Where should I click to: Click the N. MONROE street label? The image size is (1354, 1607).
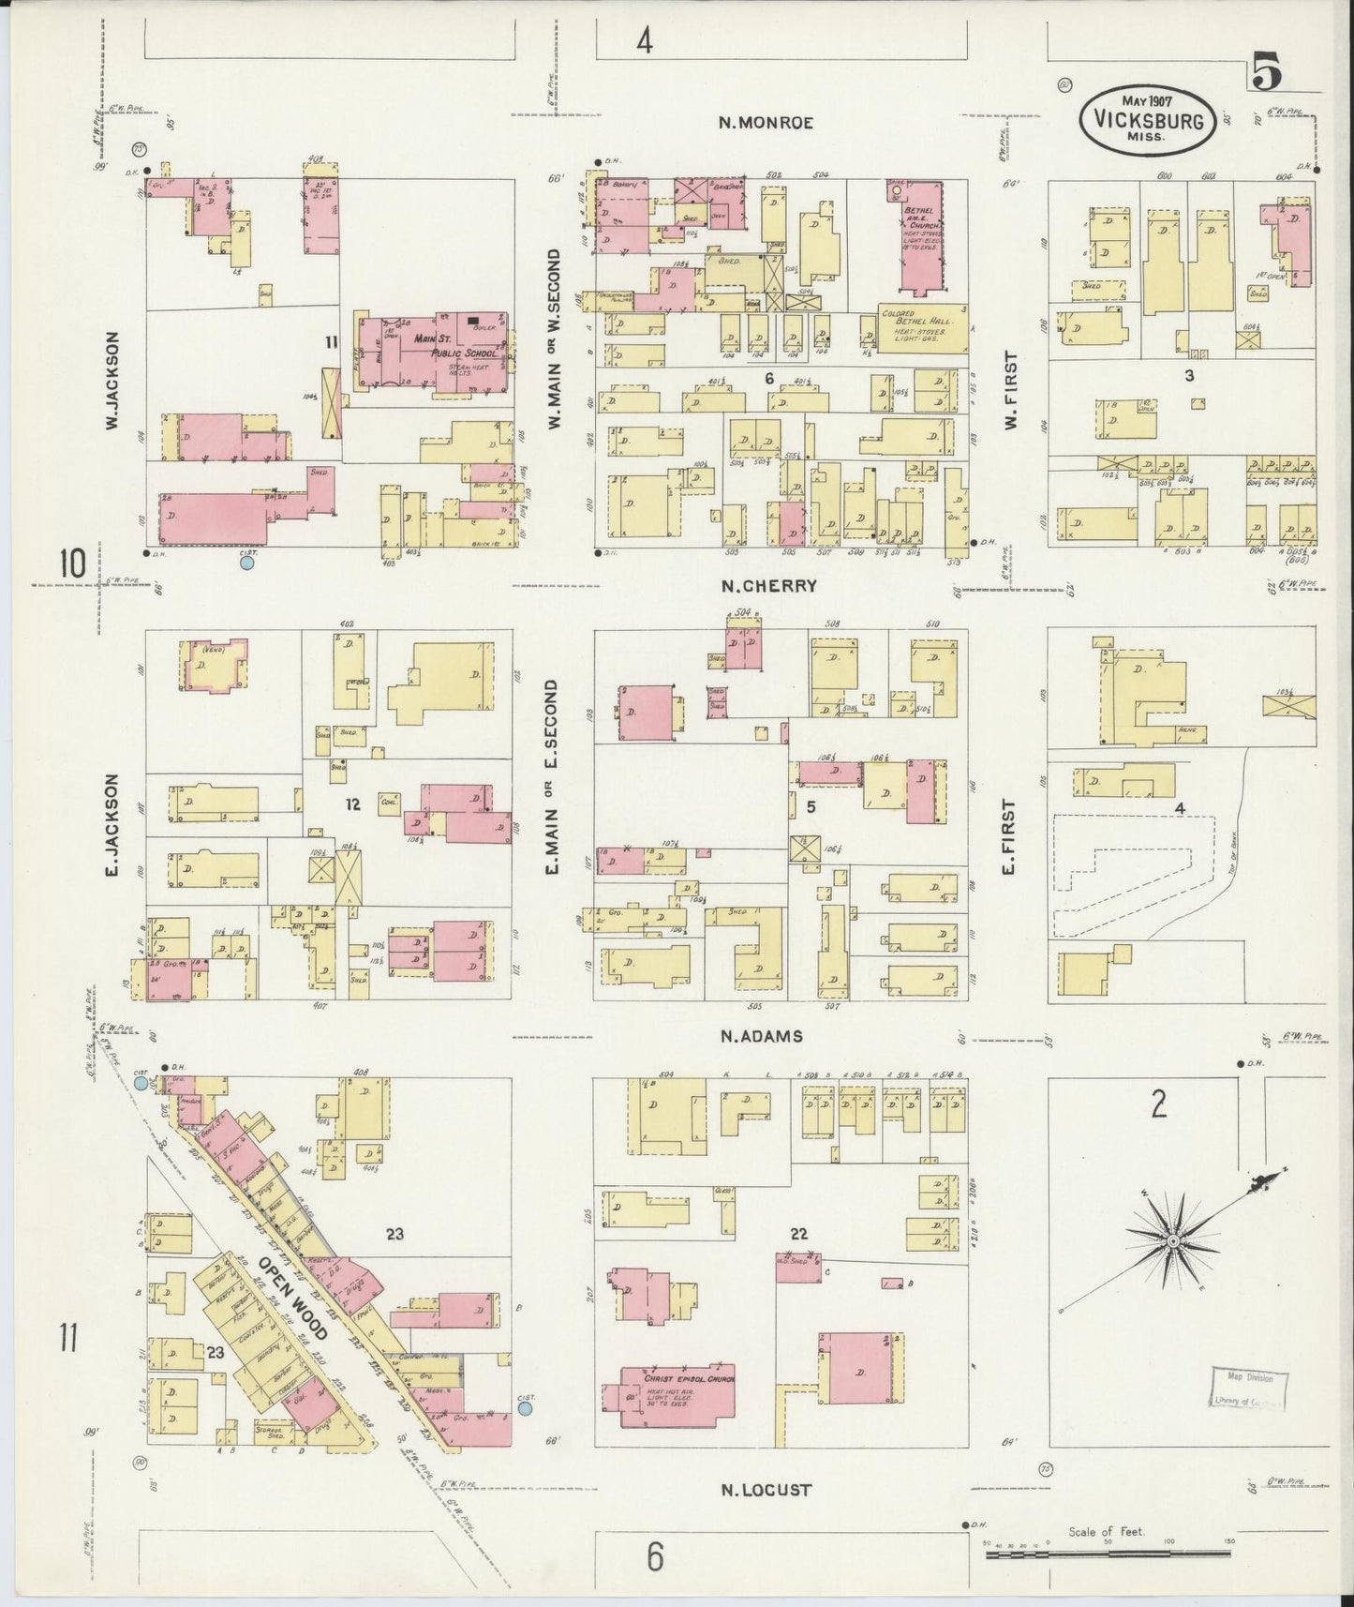click(766, 122)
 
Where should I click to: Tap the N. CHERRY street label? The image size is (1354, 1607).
click(769, 586)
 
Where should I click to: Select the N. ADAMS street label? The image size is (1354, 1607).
click(762, 1036)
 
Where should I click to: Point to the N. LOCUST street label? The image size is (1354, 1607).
click(766, 1490)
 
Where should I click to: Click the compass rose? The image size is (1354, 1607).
click(1172, 1241)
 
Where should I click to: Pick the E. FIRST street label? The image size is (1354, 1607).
click(1008, 836)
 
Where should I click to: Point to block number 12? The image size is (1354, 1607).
click(352, 804)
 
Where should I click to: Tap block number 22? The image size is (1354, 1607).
click(798, 1234)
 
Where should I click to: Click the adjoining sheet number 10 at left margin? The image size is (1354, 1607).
click(72, 564)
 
